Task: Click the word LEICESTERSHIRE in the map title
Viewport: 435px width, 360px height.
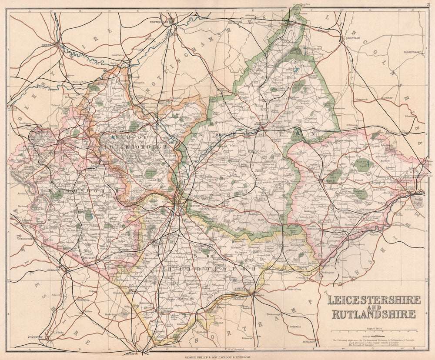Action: tap(374, 300)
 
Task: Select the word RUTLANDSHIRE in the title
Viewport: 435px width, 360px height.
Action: tap(374, 314)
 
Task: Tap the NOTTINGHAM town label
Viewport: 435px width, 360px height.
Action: tap(159, 20)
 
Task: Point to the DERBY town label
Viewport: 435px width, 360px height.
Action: tap(47, 45)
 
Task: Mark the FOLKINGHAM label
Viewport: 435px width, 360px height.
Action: tap(411, 52)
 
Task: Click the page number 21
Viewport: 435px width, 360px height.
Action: tap(429, 4)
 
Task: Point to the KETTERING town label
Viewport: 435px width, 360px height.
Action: tap(309, 342)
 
